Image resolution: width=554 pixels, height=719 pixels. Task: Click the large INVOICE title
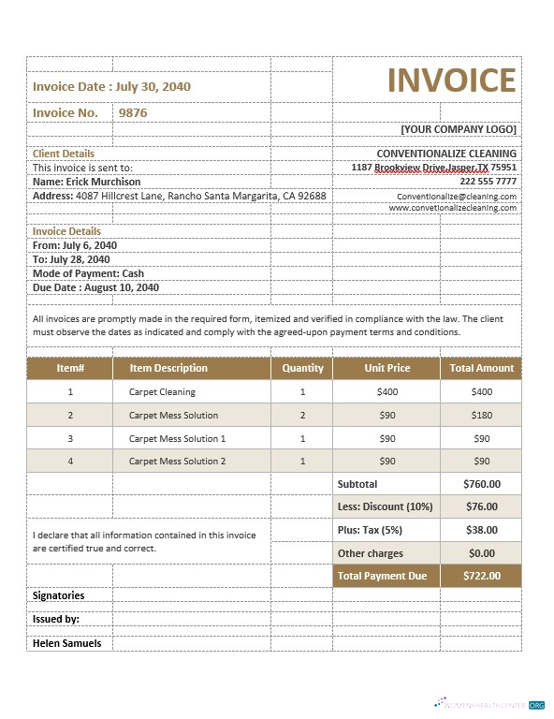pyautogui.click(x=452, y=81)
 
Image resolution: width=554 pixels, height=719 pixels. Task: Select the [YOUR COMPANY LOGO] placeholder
pyautogui.click(x=459, y=129)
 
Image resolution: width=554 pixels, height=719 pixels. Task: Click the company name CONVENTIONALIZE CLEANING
pyautogui.click(x=446, y=154)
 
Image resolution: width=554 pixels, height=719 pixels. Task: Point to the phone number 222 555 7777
pyautogui.click(x=488, y=181)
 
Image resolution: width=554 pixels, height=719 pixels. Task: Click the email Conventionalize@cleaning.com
pyautogui.click(x=457, y=197)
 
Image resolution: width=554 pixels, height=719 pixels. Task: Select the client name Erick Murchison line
pyautogui.click(x=87, y=182)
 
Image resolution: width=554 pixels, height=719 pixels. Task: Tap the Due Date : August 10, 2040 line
pyautogui.click(x=95, y=287)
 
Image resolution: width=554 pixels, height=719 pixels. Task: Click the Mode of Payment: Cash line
pyautogui.click(x=88, y=273)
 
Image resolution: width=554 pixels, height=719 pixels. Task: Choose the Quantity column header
pyautogui.click(x=302, y=368)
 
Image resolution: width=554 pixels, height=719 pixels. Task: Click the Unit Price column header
pyautogui.click(x=386, y=368)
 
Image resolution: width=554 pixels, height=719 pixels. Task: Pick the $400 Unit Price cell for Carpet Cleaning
pyautogui.click(x=386, y=392)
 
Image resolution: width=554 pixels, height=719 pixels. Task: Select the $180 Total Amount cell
pyautogui.click(x=481, y=415)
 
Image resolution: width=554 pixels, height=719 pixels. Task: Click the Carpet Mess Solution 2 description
pyautogui.click(x=177, y=461)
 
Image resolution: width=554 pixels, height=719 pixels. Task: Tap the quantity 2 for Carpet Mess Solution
pyautogui.click(x=302, y=415)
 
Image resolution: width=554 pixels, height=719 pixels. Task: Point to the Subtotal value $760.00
pyautogui.click(x=481, y=484)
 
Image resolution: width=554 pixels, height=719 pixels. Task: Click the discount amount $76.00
pyautogui.click(x=481, y=506)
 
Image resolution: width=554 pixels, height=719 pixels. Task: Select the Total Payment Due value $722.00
pyautogui.click(x=481, y=576)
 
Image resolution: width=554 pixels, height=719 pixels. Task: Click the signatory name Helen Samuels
pyautogui.click(x=66, y=643)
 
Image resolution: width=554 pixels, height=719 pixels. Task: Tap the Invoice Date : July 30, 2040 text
pyautogui.click(x=111, y=86)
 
